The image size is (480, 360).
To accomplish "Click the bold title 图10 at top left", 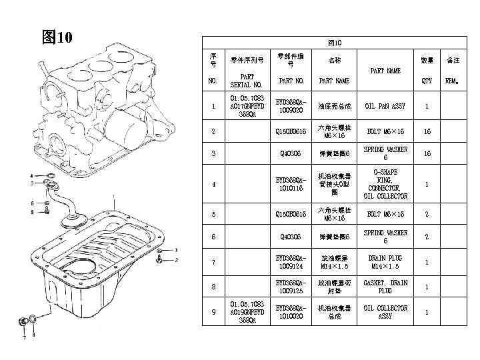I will [x=57, y=36].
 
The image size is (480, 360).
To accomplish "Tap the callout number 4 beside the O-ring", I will [x=31, y=175].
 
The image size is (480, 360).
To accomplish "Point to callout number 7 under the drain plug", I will [x=24, y=337].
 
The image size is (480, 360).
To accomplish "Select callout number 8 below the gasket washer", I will [x=33, y=335].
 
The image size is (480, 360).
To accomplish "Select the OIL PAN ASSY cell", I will [x=385, y=106].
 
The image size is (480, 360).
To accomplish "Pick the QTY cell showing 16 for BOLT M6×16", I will [x=427, y=131].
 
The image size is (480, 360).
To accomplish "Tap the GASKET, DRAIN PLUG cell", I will [x=385, y=287].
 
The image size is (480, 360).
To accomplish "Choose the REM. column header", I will [x=453, y=81].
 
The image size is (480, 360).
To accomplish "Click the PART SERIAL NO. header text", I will [x=246, y=81].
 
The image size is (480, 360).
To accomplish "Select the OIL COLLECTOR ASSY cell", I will [x=385, y=312].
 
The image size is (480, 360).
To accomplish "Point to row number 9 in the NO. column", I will [x=213, y=312].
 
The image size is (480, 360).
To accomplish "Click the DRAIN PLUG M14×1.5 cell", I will [x=385, y=262].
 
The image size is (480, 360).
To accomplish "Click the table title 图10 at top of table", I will [x=335, y=42].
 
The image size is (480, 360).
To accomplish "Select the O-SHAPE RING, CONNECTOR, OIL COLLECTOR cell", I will [x=385, y=184].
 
